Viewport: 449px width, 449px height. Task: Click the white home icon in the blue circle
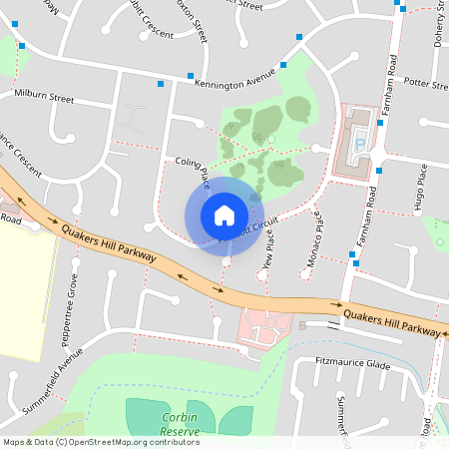pyautogui.click(x=224, y=216)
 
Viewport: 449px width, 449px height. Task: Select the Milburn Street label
pyautogui.click(x=44, y=99)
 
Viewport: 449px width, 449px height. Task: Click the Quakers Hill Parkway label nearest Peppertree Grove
pyautogui.click(x=109, y=242)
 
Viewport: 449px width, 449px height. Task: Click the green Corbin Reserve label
pyautogui.click(x=180, y=424)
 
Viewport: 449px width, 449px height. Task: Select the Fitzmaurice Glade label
pyautogui.click(x=351, y=364)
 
